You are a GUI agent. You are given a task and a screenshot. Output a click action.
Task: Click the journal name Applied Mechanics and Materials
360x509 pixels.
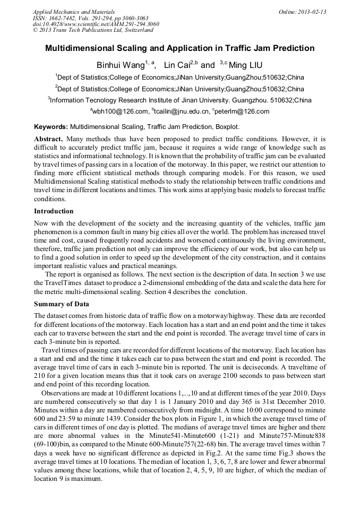(73, 11)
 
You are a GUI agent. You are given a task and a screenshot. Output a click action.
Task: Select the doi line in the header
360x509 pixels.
(96, 24)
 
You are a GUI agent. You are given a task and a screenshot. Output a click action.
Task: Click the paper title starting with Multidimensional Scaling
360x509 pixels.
(179, 48)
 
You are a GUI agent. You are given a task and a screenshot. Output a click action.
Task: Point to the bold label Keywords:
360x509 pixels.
(51, 127)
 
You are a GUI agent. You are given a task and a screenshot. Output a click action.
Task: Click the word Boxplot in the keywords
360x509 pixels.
(227, 127)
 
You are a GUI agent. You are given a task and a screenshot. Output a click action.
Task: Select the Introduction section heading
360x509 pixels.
(54, 211)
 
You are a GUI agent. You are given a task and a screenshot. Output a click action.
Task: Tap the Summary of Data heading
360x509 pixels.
(62, 304)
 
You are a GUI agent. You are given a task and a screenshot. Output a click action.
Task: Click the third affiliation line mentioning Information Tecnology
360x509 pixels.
(179, 100)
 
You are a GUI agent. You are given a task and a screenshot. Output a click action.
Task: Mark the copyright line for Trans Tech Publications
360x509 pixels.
(92, 30)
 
